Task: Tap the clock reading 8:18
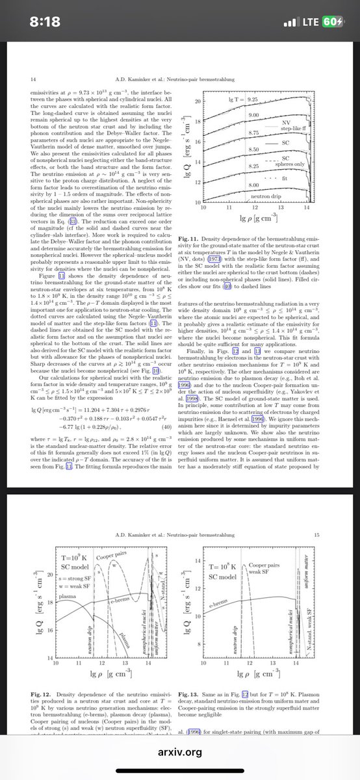click(50, 22)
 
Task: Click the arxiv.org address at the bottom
click(180, 751)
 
